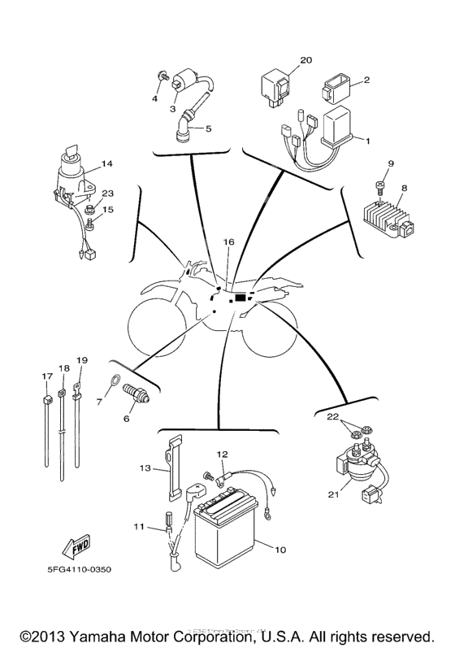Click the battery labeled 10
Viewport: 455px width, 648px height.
[225, 537]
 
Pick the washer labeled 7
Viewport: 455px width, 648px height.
[115, 380]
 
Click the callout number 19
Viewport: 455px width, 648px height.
[80, 359]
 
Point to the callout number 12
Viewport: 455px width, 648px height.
[222, 454]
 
